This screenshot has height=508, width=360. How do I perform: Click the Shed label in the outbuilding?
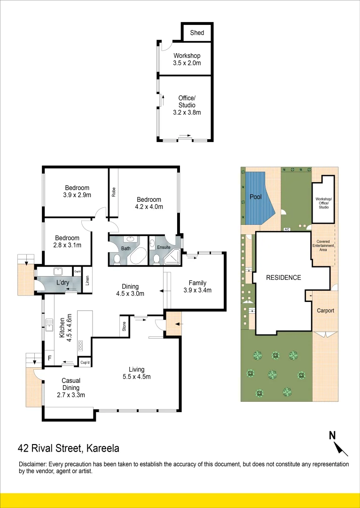197,32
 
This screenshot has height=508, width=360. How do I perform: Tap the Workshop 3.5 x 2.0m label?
187,59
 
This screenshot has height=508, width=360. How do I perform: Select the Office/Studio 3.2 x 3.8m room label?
187,105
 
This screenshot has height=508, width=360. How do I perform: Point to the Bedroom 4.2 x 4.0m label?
149,203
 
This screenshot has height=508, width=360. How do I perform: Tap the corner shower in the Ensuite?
172,256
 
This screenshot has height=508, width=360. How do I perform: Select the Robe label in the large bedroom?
113,192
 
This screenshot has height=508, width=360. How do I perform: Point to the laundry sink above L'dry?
59,271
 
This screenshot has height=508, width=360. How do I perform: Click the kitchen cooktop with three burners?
80,345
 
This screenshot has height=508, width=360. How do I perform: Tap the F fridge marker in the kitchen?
49,358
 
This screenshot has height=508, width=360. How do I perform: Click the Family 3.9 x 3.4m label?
197,286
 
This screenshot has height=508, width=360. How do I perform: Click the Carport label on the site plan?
325,310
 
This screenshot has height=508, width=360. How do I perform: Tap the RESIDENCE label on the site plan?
283,278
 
